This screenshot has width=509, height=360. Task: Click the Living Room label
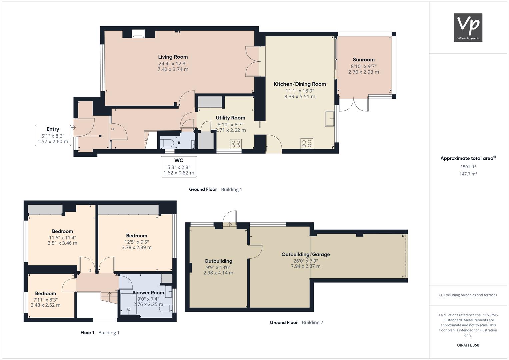point(173,57)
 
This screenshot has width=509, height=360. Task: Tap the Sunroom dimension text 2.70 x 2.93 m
point(364,72)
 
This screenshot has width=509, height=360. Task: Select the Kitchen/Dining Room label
point(300,84)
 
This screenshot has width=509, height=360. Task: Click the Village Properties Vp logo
point(468,27)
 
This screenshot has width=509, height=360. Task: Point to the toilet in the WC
point(167,143)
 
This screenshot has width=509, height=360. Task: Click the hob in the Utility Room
point(236,144)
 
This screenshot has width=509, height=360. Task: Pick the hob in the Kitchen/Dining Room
point(307,143)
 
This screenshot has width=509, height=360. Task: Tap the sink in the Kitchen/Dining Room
point(329,118)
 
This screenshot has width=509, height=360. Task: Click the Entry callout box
point(53,135)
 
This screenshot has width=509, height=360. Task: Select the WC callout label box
point(179,167)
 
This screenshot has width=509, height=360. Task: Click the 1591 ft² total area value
point(468,167)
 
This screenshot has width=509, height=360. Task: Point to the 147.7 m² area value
point(468,174)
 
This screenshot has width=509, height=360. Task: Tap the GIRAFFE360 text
point(468,345)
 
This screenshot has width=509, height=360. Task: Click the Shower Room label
point(148,293)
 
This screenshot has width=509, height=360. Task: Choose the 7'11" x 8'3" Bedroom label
point(45,293)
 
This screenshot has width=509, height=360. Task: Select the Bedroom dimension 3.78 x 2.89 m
point(137,247)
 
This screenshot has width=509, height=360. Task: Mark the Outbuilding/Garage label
point(306,254)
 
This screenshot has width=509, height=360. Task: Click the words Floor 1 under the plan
point(87,333)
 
